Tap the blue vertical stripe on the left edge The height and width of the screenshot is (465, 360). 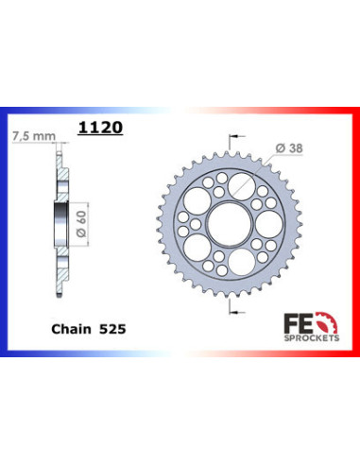(x=4, y=232)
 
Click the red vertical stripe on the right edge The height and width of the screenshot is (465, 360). (x=356, y=232)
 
